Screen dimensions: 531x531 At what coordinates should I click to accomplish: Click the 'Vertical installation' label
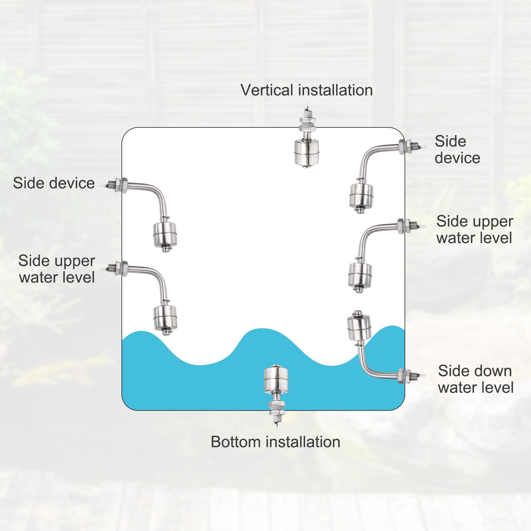(x=307, y=90)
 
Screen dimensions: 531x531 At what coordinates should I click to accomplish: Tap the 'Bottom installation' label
(x=275, y=442)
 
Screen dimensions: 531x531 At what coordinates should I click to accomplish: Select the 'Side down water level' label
(x=476, y=379)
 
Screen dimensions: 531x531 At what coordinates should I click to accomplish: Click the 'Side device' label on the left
(x=54, y=183)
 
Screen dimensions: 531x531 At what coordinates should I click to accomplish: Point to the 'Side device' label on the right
(x=457, y=150)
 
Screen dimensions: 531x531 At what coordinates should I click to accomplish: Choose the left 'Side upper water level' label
(x=57, y=269)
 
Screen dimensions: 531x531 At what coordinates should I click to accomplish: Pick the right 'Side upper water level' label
(x=475, y=230)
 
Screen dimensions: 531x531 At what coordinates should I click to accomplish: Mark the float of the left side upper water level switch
(x=165, y=317)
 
